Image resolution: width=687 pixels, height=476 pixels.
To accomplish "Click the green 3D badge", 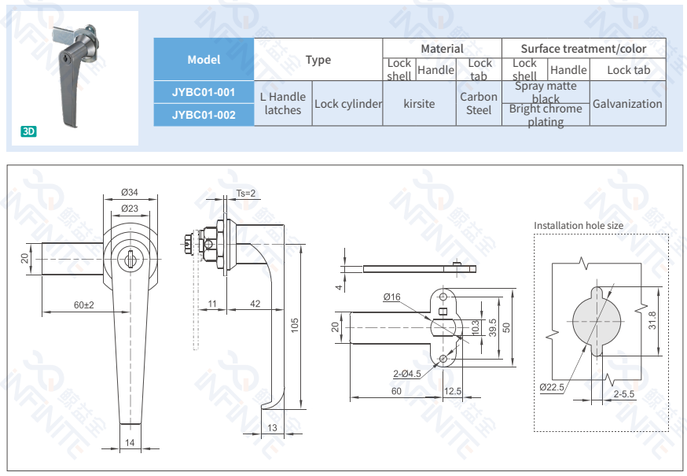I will pyautogui.click(x=29, y=131).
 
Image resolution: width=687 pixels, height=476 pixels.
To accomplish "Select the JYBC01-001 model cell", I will pyautogui.click(x=204, y=92).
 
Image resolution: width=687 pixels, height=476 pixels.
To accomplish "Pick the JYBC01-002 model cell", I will pyautogui.click(x=204, y=115).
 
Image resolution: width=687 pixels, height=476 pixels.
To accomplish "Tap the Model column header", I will pyautogui.click(x=204, y=60).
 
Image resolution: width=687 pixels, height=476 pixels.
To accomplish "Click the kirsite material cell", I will pyautogui.click(x=419, y=104).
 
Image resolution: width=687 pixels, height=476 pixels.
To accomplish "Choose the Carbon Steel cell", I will pyautogui.click(x=478, y=104).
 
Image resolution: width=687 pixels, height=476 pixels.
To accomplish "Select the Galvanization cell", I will pyautogui.click(x=627, y=104).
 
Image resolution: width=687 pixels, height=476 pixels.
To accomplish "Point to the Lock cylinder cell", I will pyautogui.click(x=347, y=104).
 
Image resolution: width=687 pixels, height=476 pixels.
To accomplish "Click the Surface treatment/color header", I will pyautogui.click(x=583, y=49).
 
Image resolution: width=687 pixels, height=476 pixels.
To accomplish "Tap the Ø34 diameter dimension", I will pyautogui.click(x=130, y=193).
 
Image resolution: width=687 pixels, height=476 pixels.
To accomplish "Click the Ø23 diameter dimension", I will pyautogui.click(x=130, y=208).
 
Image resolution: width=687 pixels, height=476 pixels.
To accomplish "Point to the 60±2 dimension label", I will pyautogui.click(x=83, y=304).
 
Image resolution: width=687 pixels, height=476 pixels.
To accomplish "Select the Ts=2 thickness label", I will pyautogui.click(x=246, y=193).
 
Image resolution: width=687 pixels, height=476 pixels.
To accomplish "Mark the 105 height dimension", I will pyautogui.click(x=295, y=326).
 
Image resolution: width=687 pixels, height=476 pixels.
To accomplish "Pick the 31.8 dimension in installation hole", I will pyautogui.click(x=652, y=322).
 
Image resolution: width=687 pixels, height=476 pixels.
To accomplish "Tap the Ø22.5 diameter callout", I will pyautogui.click(x=553, y=387).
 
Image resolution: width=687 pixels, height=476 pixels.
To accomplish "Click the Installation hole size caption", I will pyautogui.click(x=579, y=226).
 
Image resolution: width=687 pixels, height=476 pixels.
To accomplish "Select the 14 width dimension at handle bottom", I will pyautogui.click(x=130, y=443).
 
